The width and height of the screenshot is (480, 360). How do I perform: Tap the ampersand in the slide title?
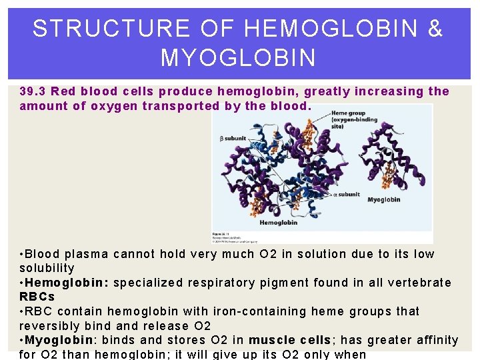(x=434, y=29)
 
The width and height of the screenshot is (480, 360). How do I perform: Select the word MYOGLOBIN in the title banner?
(x=238, y=58)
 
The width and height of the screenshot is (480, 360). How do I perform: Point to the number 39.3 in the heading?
(x=33, y=91)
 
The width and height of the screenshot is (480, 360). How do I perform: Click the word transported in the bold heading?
(x=174, y=106)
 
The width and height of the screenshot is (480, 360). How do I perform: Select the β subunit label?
(x=233, y=139)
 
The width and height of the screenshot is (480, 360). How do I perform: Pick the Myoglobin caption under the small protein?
(x=383, y=199)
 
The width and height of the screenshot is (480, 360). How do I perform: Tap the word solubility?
(x=47, y=268)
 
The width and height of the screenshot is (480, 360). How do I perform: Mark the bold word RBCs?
(x=37, y=297)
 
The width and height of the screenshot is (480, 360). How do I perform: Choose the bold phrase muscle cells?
(x=289, y=341)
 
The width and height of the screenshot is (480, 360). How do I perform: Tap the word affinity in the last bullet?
(x=436, y=341)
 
